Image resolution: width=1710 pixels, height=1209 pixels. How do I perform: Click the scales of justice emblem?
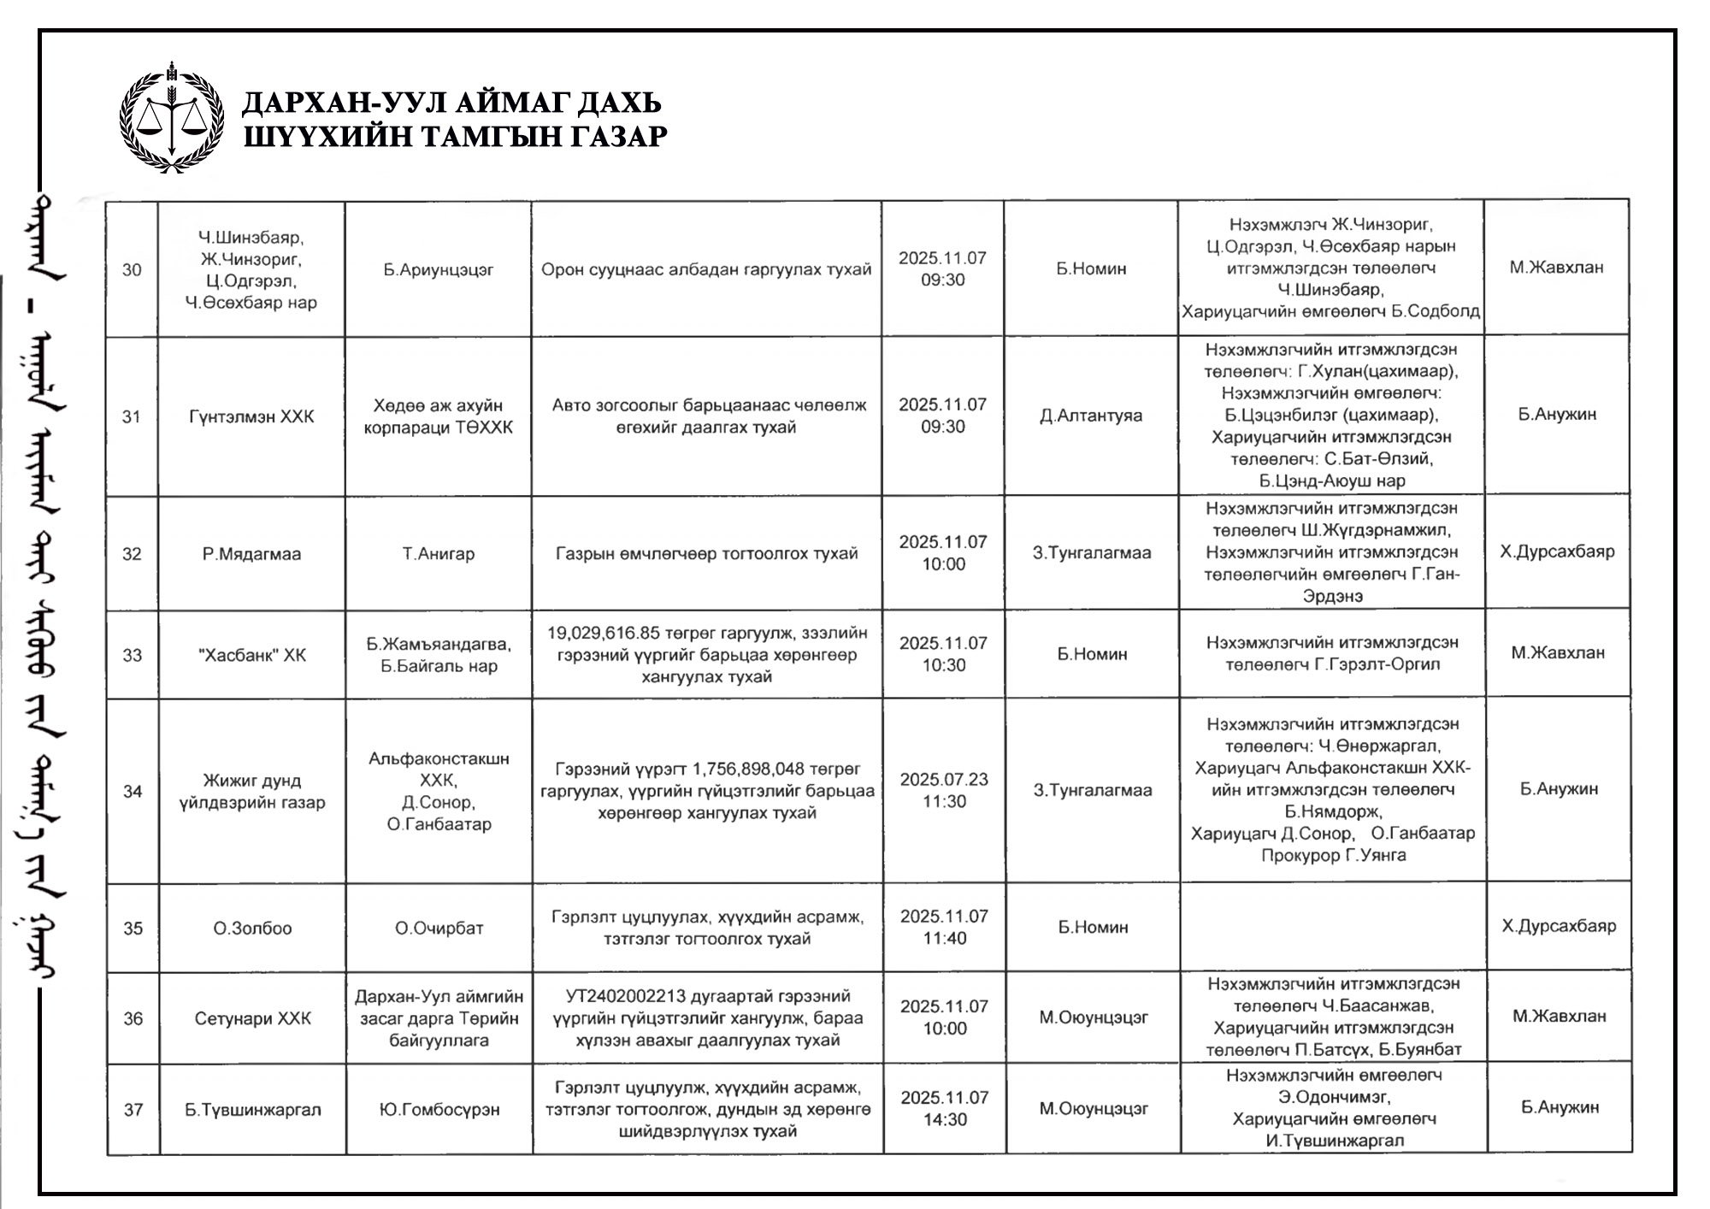172,117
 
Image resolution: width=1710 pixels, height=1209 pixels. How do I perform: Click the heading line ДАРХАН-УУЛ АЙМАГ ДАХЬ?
452,103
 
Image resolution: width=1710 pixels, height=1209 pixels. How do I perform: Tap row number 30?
132,270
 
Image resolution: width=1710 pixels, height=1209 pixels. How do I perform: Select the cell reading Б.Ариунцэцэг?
439,270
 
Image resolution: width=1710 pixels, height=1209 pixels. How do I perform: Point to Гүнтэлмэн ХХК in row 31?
251,417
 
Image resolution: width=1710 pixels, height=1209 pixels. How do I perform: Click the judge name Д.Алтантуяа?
1091,416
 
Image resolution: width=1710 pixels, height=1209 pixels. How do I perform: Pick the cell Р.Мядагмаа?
251,554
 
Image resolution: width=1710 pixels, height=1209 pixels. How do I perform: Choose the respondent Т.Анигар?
439,554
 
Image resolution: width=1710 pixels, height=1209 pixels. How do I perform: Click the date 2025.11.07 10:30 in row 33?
943,654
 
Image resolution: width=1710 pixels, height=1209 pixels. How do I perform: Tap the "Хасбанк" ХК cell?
251,656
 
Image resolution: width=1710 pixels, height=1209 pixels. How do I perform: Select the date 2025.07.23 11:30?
944,791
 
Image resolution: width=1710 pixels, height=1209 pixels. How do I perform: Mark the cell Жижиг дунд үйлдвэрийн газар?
252,792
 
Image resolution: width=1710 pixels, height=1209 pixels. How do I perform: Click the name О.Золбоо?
252,929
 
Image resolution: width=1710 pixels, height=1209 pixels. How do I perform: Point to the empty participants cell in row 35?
1333,928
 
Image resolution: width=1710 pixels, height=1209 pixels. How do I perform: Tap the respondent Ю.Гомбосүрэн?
439,1110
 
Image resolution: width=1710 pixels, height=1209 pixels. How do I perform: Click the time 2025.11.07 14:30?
945,1109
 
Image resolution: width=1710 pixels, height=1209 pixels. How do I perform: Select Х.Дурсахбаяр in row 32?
1557,552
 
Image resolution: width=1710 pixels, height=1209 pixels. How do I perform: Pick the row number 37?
133,1110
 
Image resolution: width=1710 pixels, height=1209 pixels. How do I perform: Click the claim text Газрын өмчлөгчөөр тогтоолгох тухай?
706,554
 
